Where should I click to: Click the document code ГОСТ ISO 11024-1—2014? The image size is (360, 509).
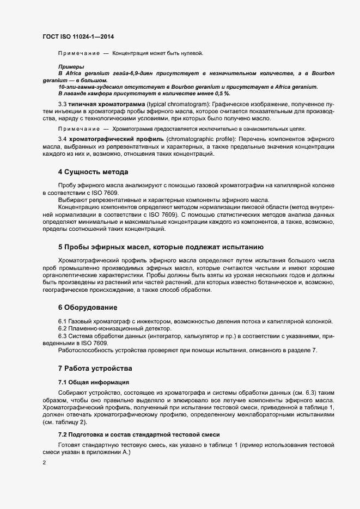pos(78,36)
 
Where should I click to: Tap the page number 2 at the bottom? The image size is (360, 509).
pos(44,463)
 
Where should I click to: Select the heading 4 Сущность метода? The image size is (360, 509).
pos(93,172)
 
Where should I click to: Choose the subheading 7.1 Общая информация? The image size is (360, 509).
pos(93,382)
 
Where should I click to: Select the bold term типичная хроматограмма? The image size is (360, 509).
pos(103,104)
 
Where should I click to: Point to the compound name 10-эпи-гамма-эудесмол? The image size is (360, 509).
pos(89,87)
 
